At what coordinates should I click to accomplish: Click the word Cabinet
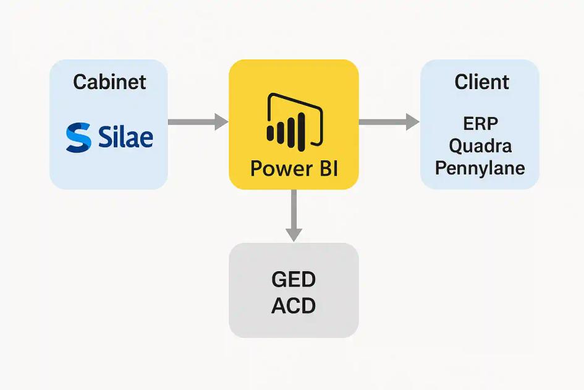point(109,82)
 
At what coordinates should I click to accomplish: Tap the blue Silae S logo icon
point(78,137)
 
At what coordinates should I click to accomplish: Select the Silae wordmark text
point(125,137)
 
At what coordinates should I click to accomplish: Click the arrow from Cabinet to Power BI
point(198,122)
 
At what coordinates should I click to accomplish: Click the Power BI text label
point(294,168)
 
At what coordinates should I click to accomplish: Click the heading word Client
point(481,82)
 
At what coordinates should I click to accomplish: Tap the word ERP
point(481,124)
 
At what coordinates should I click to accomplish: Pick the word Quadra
point(480,146)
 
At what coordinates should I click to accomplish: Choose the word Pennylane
point(480,168)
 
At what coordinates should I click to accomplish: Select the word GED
point(294,280)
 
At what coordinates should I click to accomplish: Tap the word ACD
point(294,305)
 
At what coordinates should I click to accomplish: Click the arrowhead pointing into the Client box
point(412,122)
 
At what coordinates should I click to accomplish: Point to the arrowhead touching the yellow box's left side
point(221,122)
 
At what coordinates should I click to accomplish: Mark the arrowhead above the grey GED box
point(294,234)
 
